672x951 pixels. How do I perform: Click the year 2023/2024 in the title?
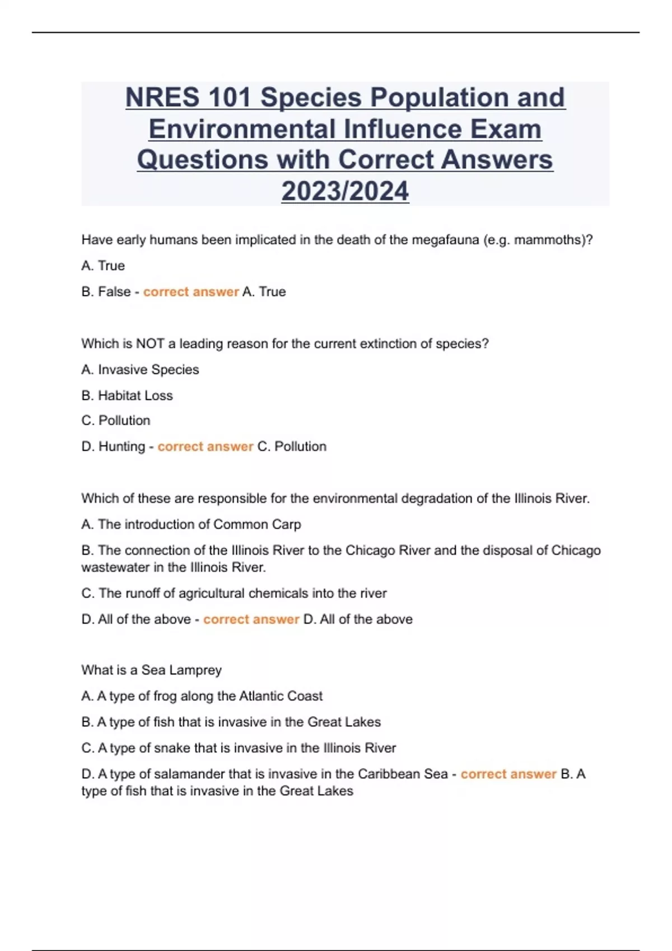click(x=345, y=191)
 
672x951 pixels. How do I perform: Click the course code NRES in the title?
click(x=162, y=97)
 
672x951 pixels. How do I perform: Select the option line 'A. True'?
click(x=103, y=266)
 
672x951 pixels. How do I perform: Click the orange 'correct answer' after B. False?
click(x=191, y=292)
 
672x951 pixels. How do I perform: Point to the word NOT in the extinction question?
click(x=150, y=343)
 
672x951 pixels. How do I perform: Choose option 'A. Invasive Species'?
click(x=140, y=370)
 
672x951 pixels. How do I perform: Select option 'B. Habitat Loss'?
click(x=127, y=396)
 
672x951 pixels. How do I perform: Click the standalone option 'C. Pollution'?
click(x=116, y=421)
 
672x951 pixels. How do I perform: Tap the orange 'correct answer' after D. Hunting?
click(x=206, y=446)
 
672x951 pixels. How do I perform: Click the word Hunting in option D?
click(x=122, y=446)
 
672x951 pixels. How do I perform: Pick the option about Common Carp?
click(x=191, y=525)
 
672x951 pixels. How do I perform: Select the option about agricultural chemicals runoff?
click(x=234, y=594)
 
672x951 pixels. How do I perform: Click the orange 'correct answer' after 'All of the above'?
click(x=251, y=619)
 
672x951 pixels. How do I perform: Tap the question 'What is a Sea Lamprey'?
click(x=151, y=670)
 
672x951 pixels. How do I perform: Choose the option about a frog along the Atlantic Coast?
click(x=202, y=696)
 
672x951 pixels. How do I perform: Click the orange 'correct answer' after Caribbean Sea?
click(x=508, y=774)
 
